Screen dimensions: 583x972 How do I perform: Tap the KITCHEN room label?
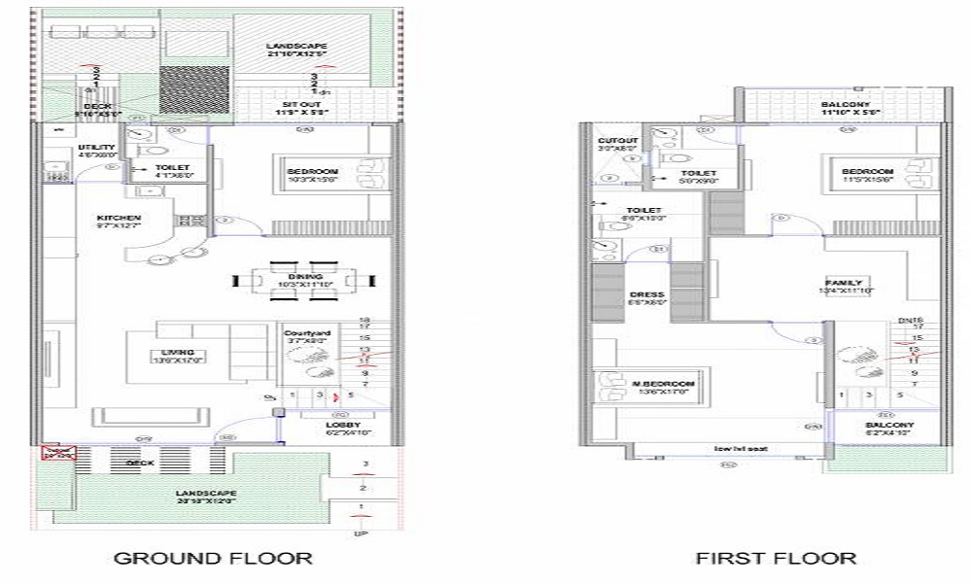[119, 217]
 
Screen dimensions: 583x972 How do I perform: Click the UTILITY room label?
[96, 149]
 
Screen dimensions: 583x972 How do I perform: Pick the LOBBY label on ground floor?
[343, 425]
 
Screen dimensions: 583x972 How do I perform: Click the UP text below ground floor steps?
[361, 533]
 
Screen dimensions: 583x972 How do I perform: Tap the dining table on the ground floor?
[304, 281]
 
